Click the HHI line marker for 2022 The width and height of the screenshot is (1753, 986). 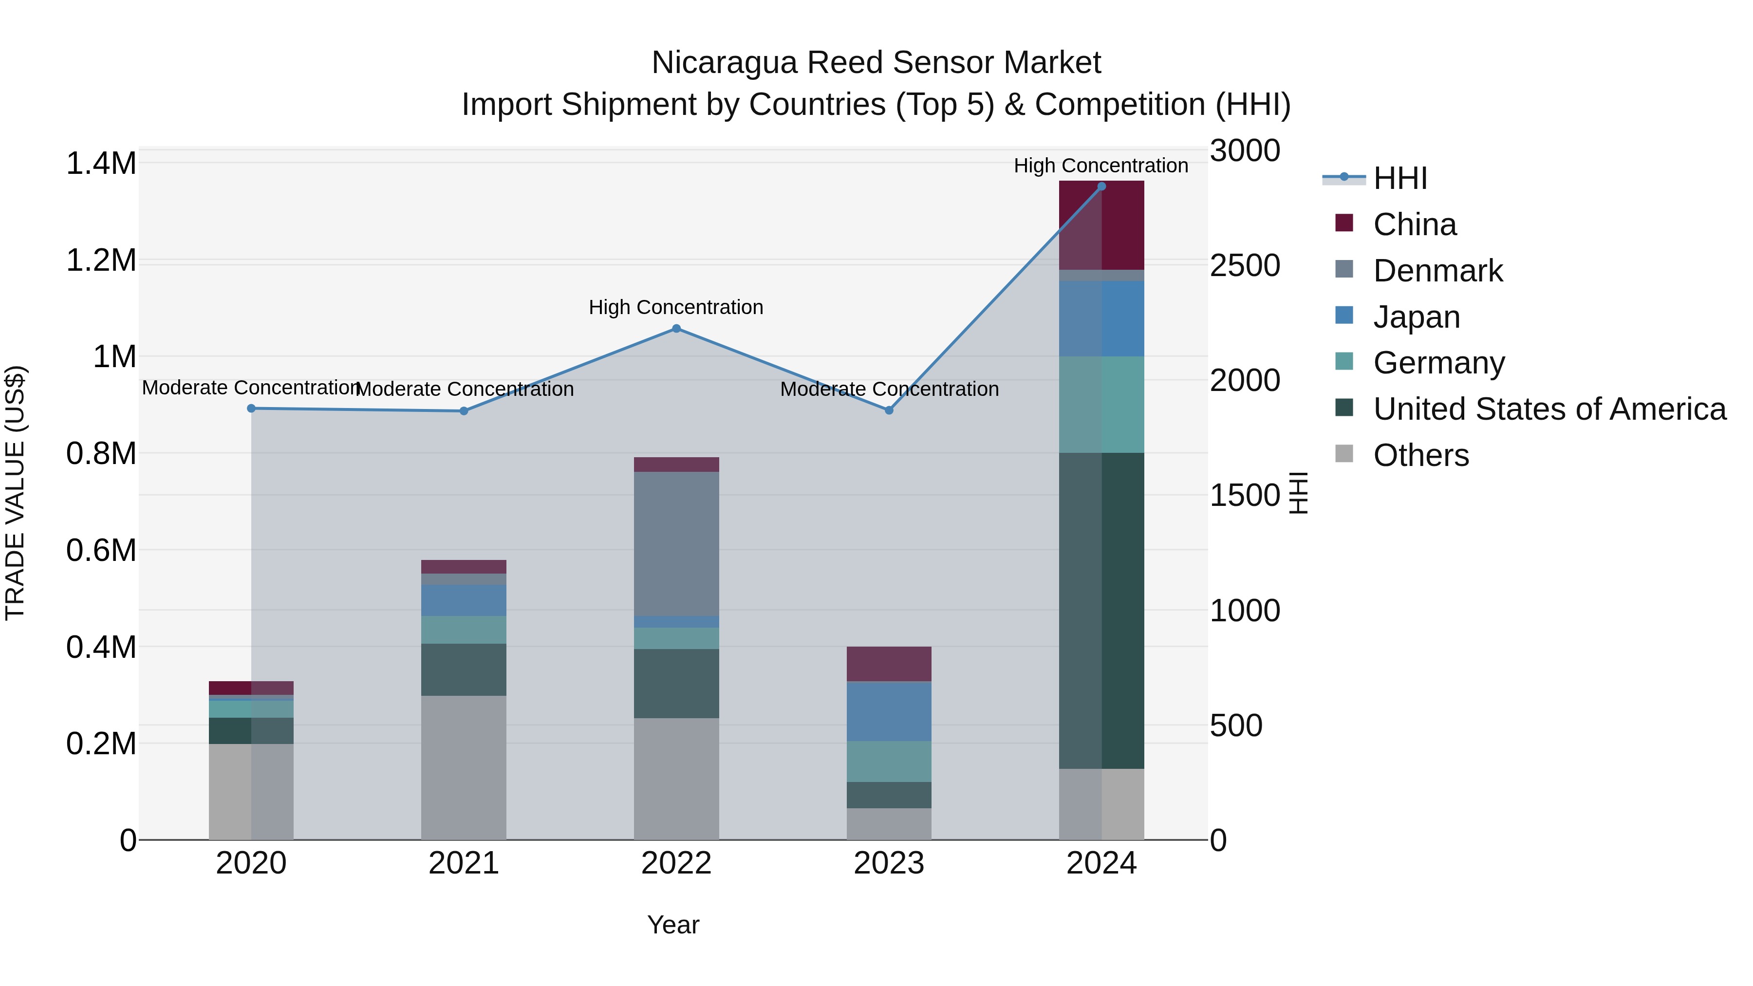(x=676, y=329)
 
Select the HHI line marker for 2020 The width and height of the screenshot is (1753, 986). (x=251, y=409)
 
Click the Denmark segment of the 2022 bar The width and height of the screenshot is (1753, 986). (x=676, y=544)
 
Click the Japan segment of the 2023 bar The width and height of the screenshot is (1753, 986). (x=888, y=711)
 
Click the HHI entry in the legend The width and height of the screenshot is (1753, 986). (x=1400, y=178)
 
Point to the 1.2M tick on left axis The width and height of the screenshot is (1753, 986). (x=101, y=260)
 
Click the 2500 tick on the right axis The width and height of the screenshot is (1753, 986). (x=1245, y=265)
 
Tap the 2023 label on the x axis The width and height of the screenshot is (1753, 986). (x=888, y=863)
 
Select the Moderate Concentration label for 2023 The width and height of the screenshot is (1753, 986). (x=889, y=389)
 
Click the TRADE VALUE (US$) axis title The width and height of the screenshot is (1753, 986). (x=15, y=493)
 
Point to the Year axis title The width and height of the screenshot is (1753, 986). (x=673, y=925)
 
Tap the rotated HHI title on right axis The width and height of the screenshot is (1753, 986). (x=1298, y=493)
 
